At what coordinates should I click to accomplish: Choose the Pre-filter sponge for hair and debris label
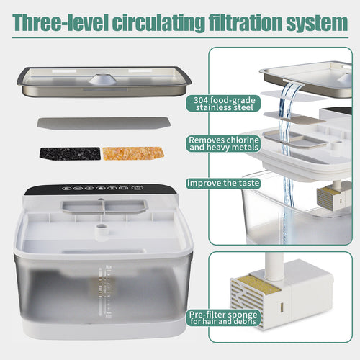[x=225, y=317]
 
